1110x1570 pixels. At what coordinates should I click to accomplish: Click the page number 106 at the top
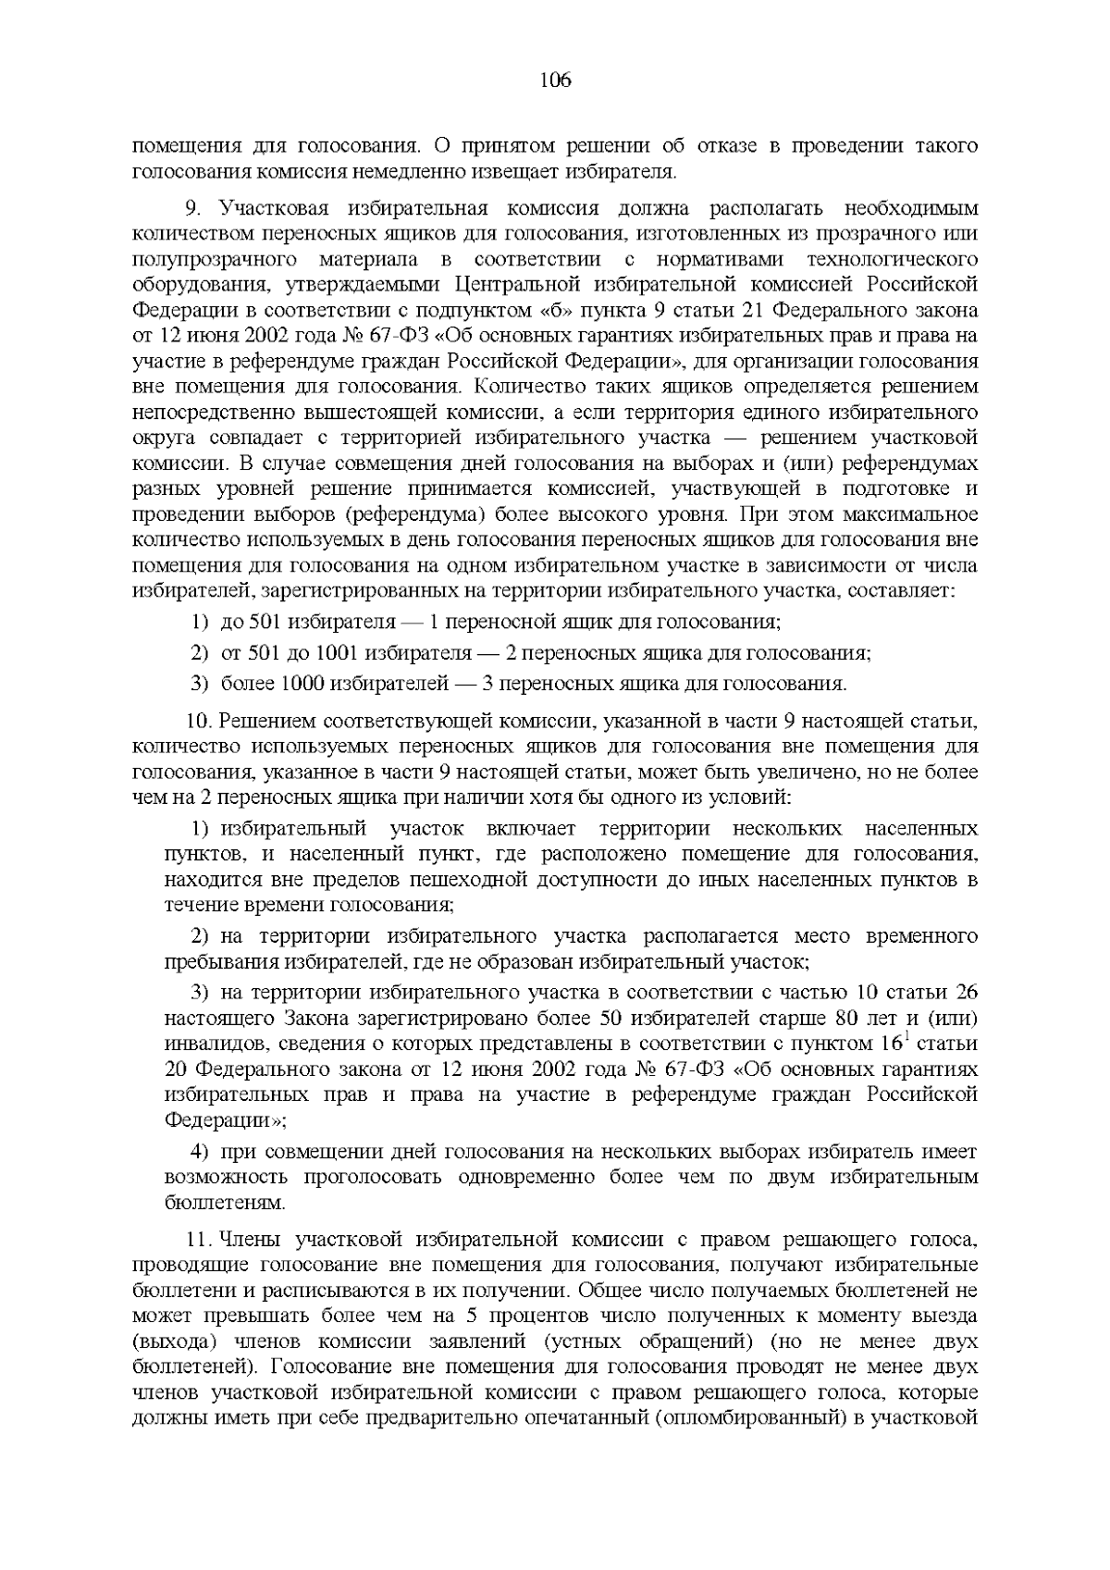click(555, 80)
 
